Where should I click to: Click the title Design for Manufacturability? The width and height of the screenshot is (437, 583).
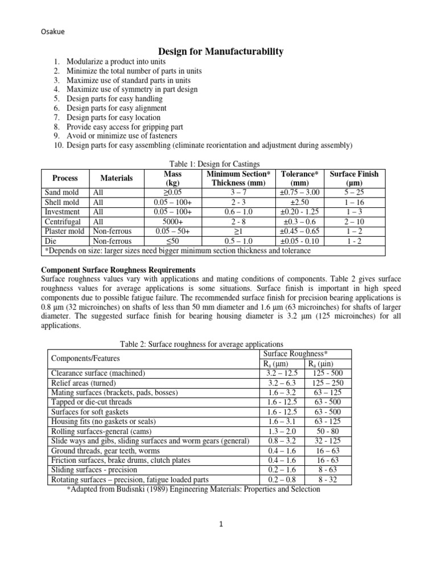pyautogui.click(x=219, y=52)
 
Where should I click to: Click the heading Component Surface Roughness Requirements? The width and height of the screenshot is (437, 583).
pyautogui.click(x=119, y=269)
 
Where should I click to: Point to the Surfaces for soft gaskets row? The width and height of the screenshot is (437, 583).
pyautogui.click(x=89, y=412)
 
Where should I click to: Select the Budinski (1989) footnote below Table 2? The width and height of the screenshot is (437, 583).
pyautogui.click(x=193, y=489)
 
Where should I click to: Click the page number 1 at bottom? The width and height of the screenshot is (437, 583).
pyautogui.click(x=220, y=541)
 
